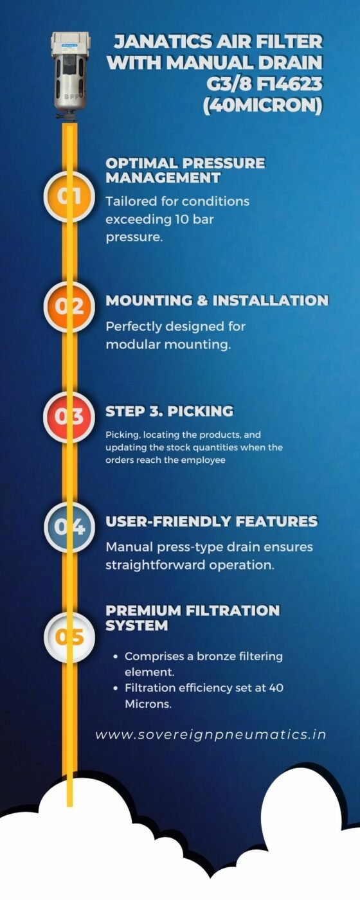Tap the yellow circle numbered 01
point(69,196)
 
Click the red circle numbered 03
point(69,417)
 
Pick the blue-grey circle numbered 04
point(69,526)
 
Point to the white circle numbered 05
point(69,637)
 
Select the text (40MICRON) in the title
point(263,106)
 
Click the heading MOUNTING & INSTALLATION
point(217,301)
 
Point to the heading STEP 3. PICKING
point(169,411)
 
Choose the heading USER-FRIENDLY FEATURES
point(212,521)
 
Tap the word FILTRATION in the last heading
point(233,611)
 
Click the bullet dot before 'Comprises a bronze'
point(116,657)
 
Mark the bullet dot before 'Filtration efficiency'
point(116,688)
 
